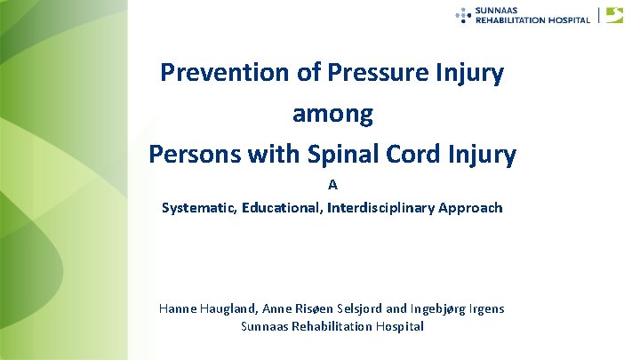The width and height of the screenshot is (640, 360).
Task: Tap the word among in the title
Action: [332, 114]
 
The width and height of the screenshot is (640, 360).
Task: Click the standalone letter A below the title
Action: [332, 186]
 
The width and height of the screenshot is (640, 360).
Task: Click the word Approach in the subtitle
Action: [473, 208]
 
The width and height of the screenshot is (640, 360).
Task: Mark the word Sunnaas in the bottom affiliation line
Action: [264, 326]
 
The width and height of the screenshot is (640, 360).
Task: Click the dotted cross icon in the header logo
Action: [463, 14]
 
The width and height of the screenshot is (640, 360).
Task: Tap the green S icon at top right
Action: [614, 14]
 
